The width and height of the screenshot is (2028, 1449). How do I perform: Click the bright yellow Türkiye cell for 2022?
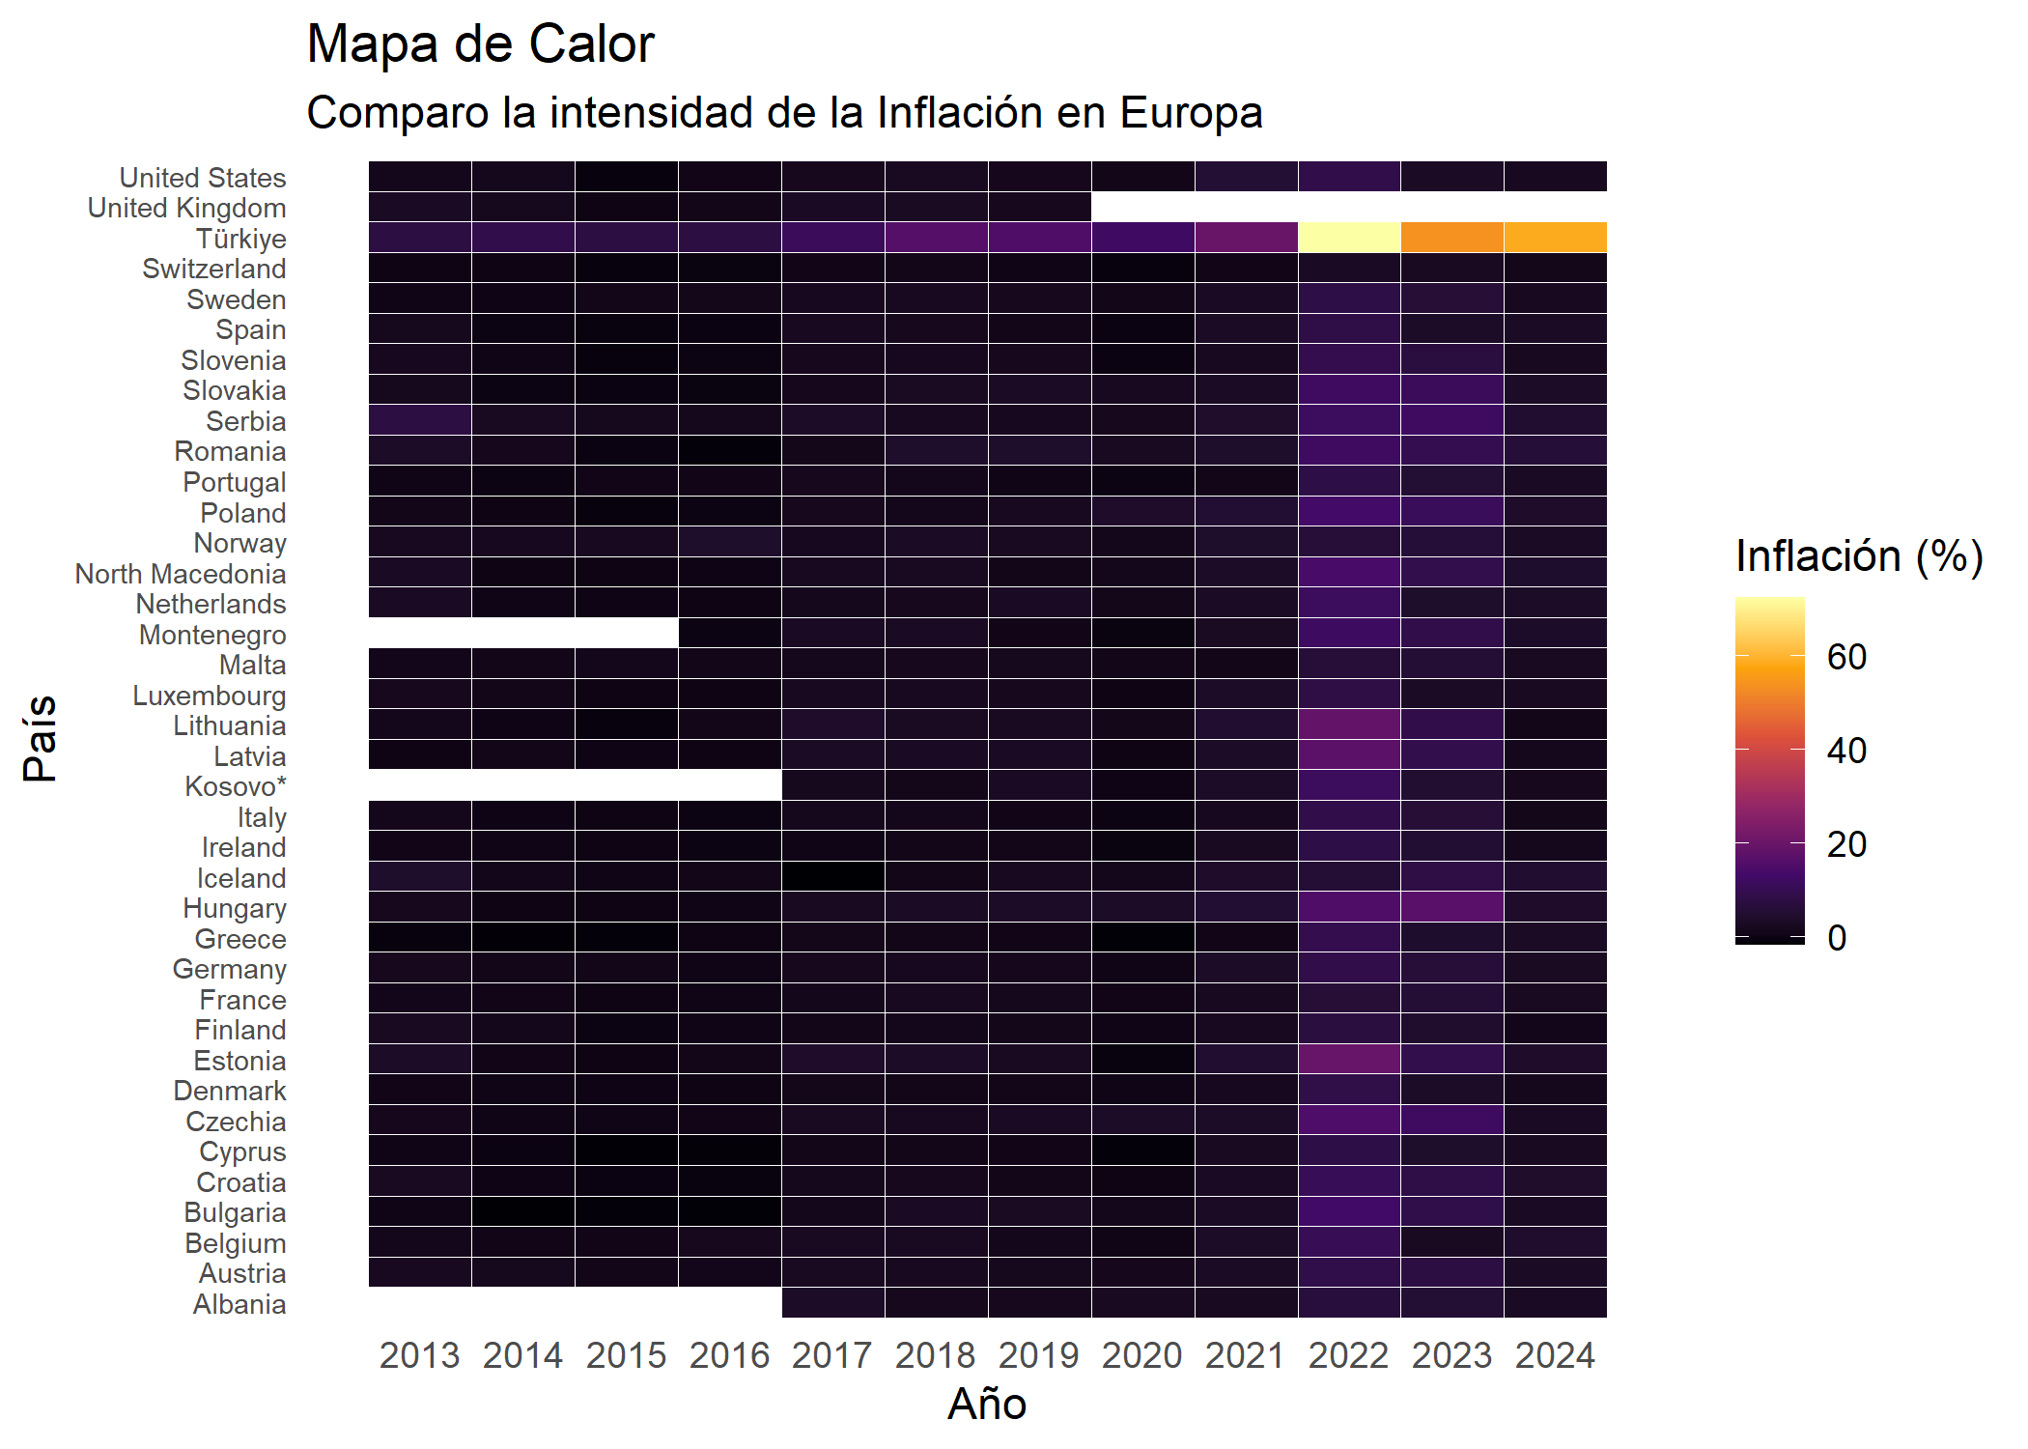click(1349, 238)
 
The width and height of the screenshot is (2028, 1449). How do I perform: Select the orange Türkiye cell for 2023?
click(1452, 238)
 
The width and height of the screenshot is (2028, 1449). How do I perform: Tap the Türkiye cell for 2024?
click(1556, 238)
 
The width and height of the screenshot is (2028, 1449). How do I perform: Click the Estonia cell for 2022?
click(1349, 1060)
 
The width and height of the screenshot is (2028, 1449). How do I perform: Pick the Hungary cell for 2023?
click(1452, 907)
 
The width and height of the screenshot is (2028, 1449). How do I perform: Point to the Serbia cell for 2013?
click(420, 420)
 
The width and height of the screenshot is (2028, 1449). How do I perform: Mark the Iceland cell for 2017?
click(832, 877)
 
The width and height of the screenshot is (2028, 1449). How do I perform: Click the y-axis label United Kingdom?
click(187, 208)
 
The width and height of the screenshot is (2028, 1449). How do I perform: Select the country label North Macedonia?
click(181, 574)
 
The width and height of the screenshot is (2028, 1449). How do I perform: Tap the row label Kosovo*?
click(236, 786)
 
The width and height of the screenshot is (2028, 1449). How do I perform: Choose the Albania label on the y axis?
click(239, 1304)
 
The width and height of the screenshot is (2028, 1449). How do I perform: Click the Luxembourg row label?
click(210, 696)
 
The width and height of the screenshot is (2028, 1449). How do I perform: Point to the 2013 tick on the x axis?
click(420, 1355)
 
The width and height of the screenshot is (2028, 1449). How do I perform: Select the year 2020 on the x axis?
click(1142, 1355)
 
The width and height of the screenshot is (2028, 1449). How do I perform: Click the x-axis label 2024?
click(1556, 1355)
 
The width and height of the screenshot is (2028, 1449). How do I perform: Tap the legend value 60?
click(1846, 657)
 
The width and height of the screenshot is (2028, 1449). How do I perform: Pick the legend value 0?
click(1837, 937)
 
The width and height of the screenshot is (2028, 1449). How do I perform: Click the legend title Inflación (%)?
click(1859, 556)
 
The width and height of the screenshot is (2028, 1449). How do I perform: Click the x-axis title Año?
click(987, 1404)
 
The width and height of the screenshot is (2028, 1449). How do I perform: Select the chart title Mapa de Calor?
click(480, 44)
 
